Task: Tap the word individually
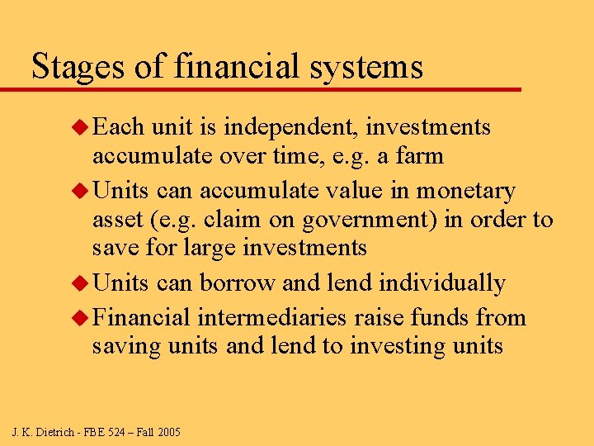442,283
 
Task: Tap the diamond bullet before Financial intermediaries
80,318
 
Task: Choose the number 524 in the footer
117,432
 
